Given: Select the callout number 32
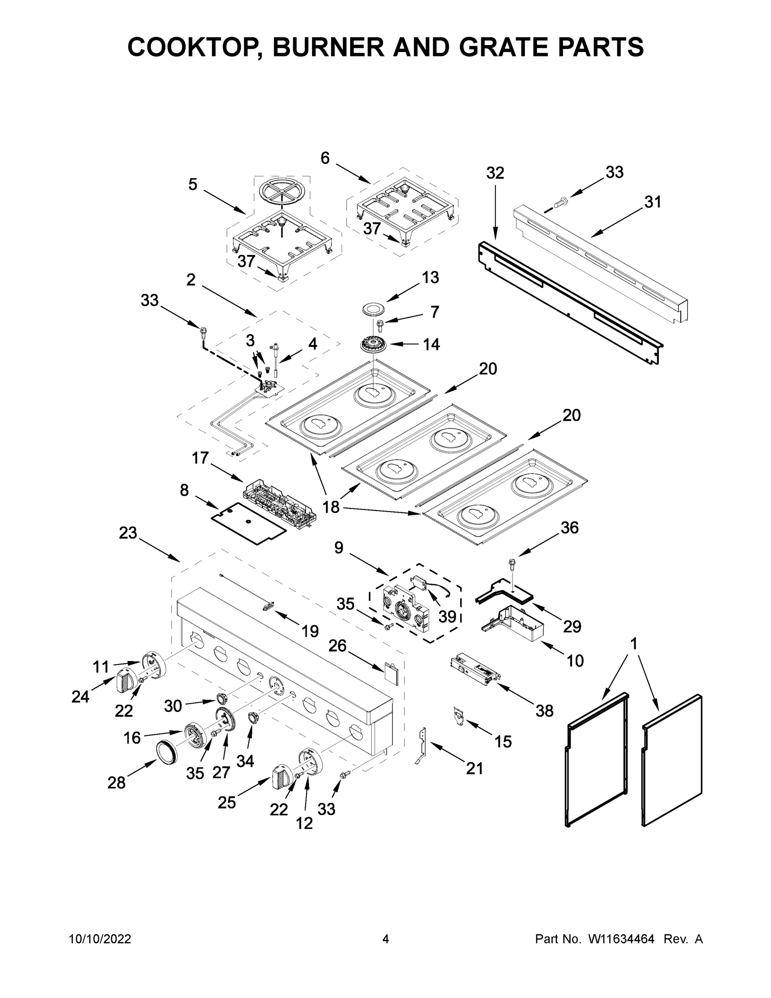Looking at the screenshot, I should (x=495, y=173).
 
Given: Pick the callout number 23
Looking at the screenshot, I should (x=128, y=533).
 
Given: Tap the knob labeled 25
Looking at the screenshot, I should (x=281, y=776).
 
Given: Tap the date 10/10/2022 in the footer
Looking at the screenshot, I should (x=100, y=939).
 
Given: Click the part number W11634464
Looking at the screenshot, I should (x=621, y=939).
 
